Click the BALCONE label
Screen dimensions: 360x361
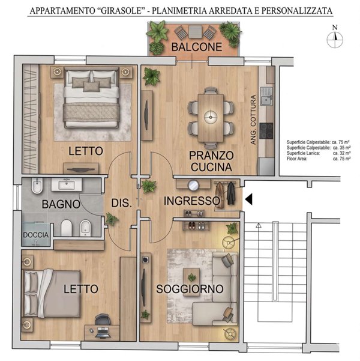(197, 47)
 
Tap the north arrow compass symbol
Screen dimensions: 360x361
(335, 40)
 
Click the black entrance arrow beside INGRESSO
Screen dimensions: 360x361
(248, 199)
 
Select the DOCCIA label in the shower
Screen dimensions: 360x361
(36, 235)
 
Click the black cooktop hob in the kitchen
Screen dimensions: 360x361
(266, 130)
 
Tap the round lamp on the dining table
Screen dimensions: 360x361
(211, 117)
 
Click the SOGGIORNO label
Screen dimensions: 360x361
(190, 289)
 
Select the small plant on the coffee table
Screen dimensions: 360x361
(191, 277)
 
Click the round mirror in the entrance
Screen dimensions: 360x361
(193, 185)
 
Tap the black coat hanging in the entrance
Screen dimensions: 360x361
(232, 193)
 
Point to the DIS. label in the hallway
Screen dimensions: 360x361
(121, 203)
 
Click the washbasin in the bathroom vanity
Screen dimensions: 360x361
(67, 185)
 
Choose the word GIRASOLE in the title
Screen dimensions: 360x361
(121, 11)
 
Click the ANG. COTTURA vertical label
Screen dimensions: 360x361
(253, 120)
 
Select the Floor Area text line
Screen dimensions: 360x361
(319, 159)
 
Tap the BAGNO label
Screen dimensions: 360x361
(61, 204)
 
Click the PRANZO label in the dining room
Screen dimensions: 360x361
(211, 156)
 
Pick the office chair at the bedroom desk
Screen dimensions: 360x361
(103, 320)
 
